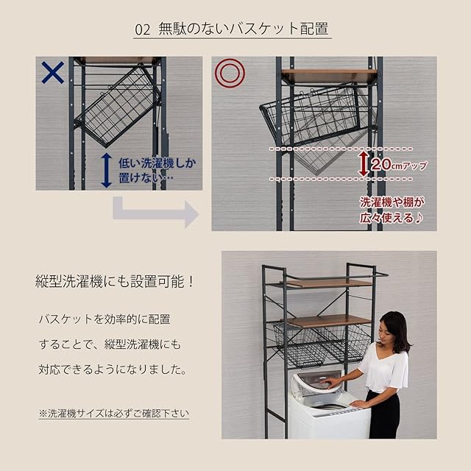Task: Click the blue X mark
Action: [x=53, y=72]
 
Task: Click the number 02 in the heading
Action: [x=142, y=29]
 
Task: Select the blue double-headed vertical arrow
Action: [x=106, y=170]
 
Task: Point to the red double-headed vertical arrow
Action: [x=364, y=164]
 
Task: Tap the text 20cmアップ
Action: [x=399, y=164]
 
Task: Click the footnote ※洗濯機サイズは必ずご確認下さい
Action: [x=113, y=414]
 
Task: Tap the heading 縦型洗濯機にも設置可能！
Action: [x=114, y=281]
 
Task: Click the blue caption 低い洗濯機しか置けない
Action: [x=157, y=170]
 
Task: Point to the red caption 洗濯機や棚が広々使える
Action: [x=392, y=210]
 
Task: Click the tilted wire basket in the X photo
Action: [x=118, y=107]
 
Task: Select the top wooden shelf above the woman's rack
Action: [x=326, y=283]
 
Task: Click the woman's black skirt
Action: [x=384, y=414]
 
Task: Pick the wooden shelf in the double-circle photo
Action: [x=329, y=76]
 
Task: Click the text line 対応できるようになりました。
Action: [x=113, y=369]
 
